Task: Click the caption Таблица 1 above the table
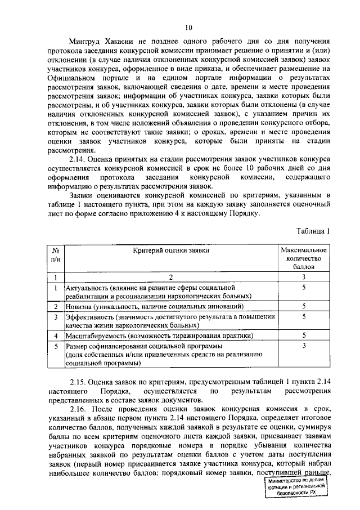(x=312, y=230)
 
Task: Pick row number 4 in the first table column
(x=56, y=335)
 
